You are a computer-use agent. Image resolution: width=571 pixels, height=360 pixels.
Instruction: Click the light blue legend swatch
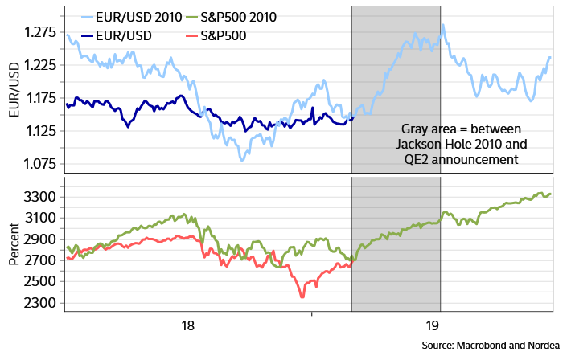click(x=88, y=17)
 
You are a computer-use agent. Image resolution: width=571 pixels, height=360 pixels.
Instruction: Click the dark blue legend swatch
click(x=88, y=36)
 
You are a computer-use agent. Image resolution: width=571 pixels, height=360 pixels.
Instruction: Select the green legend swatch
click(x=192, y=17)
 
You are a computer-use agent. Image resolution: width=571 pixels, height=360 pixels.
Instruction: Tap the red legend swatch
click(x=192, y=36)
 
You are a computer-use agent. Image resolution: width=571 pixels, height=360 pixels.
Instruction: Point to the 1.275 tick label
click(x=39, y=32)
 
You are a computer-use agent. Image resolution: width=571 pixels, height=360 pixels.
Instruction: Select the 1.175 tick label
click(x=39, y=98)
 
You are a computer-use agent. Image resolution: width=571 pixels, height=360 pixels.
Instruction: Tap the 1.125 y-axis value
click(x=39, y=131)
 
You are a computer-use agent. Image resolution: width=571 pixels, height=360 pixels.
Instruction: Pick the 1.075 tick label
click(x=39, y=164)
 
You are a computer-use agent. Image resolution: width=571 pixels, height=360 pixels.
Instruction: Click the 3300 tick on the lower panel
click(x=41, y=197)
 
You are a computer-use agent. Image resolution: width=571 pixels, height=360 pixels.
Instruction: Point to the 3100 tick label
click(x=41, y=218)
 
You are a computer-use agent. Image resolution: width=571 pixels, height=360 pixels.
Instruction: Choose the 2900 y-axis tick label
click(x=41, y=239)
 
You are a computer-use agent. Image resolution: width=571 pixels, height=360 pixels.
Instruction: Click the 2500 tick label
click(x=41, y=282)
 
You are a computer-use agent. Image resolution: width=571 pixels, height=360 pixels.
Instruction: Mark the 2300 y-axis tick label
click(x=41, y=304)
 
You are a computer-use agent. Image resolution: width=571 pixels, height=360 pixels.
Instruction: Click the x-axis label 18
click(x=187, y=327)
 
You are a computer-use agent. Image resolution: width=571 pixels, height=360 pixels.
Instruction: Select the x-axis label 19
click(x=433, y=327)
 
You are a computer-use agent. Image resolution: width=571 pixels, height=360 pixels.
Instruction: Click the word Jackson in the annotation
click(x=419, y=145)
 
